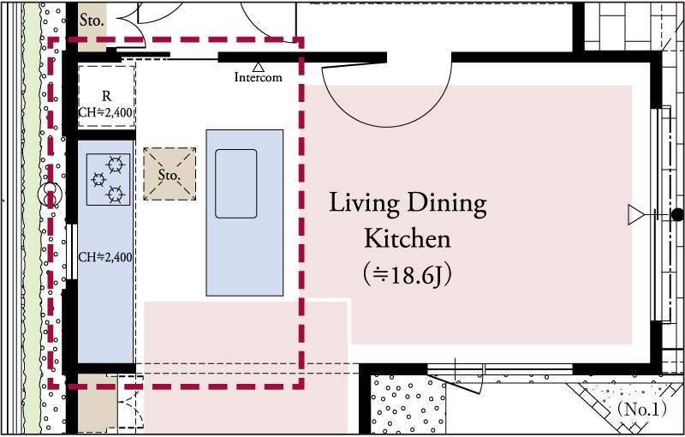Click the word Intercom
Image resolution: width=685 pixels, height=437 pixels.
coord(259,77)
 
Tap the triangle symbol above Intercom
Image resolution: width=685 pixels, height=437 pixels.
coord(259,67)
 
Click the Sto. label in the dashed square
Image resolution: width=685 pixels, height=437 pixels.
coord(169,176)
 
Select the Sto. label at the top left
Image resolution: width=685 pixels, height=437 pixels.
coord(92,20)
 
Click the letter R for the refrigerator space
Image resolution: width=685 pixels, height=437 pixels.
coord(106,96)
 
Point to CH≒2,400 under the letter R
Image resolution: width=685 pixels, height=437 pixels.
coord(105,112)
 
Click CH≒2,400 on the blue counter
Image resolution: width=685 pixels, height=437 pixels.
coord(105,257)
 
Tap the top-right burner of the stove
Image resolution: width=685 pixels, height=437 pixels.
coord(116,165)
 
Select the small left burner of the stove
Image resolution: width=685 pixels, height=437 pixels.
coord(98,180)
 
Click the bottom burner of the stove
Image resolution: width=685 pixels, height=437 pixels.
coord(116,194)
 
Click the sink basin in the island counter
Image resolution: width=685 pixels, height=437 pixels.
coord(236,183)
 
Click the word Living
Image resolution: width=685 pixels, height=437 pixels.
coord(364,205)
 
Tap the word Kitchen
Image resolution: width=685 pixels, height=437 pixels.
coord(408,238)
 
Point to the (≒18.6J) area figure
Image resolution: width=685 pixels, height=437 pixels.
coord(408,275)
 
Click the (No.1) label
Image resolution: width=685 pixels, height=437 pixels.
coord(641,410)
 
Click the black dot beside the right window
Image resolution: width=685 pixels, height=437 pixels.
coord(677,214)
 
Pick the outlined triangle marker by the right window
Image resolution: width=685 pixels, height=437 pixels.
coord(636,215)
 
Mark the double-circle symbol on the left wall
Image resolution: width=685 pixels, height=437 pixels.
coord(50,195)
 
